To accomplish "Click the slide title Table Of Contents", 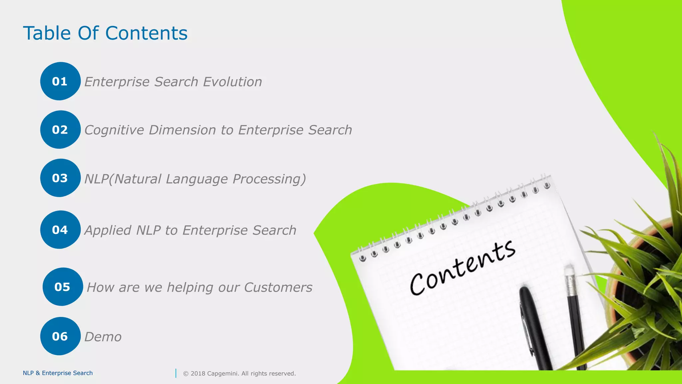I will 105,33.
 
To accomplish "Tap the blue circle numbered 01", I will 60,81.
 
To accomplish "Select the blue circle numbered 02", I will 60,130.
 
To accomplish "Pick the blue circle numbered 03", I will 60,178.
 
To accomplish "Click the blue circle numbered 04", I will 60,230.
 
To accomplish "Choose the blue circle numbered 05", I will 62,287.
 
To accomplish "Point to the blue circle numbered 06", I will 60,336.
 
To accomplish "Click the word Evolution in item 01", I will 232,82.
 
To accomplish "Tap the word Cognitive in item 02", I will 114,130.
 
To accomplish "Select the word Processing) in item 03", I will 269,179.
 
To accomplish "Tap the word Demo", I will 103,337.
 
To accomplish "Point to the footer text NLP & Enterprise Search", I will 58,373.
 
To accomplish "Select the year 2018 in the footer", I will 198,374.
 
